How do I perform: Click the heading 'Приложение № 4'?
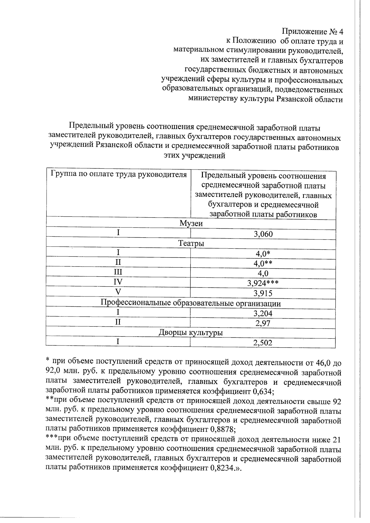(312, 32)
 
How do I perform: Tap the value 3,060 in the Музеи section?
(263, 234)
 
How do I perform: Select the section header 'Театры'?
(191, 243)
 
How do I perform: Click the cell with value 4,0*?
(263, 254)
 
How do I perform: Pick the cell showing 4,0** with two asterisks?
(263, 264)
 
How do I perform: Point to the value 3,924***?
(263, 283)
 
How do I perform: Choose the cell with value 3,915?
(263, 293)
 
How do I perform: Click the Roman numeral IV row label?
(118, 282)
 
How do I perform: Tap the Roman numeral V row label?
(118, 292)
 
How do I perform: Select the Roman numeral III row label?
(118, 272)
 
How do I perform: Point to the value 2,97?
(263, 323)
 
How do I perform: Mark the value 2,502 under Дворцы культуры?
(263, 343)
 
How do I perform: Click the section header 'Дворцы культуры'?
(191, 333)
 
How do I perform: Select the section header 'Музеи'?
(191, 223)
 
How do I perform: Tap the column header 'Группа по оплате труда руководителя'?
(118, 175)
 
